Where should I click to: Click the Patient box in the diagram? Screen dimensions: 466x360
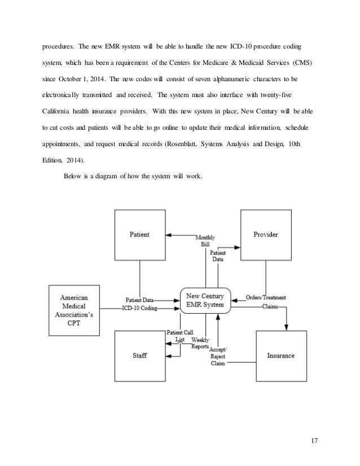pyautogui.click(x=141, y=235)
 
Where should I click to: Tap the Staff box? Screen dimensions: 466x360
pyautogui.click(x=141, y=357)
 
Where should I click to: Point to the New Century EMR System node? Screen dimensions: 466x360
pyautogui.click(x=205, y=300)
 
